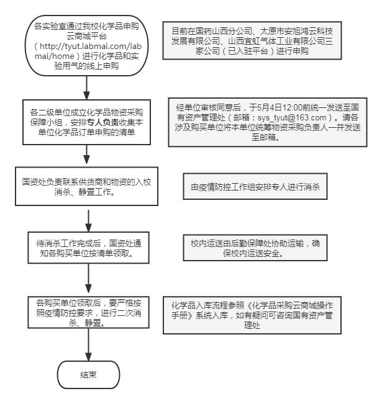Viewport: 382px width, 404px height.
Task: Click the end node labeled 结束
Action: (x=88, y=375)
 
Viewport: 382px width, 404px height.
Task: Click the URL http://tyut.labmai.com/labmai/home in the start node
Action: (x=88, y=52)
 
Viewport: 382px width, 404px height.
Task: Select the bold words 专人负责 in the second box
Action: (x=103, y=122)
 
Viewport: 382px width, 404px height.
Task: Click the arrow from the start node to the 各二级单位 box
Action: (x=87, y=88)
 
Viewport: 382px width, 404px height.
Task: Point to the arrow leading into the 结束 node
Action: (x=88, y=345)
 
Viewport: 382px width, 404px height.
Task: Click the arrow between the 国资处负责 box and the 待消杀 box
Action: (x=88, y=221)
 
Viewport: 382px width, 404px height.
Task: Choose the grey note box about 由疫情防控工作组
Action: (x=255, y=186)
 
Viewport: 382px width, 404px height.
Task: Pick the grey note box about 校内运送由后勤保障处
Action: (x=255, y=248)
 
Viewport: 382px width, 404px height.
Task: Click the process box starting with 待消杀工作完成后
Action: (x=88, y=248)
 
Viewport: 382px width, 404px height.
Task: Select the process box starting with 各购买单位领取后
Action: (x=88, y=312)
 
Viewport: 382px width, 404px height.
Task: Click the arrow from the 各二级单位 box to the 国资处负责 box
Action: (x=87, y=155)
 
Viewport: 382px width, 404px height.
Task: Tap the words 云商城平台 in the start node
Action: (x=87, y=37)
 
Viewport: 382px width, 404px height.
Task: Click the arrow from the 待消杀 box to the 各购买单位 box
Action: (x=88, y=278)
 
